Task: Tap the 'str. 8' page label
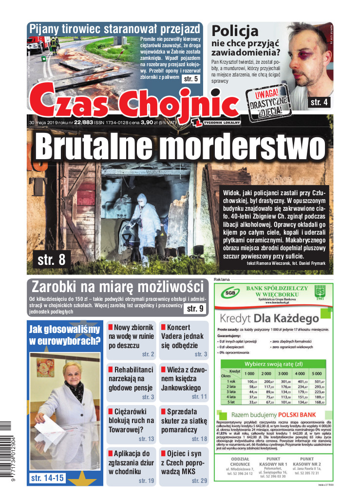coord(51,259)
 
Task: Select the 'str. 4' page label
coord(320,102)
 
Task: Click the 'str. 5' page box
coord(190,78)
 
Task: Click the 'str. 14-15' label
coord(47,478)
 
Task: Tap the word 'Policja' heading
coord(235,32)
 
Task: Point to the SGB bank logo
coord(228,294)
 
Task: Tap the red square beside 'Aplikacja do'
coord(111,453)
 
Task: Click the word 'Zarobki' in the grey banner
coord(61,285)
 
